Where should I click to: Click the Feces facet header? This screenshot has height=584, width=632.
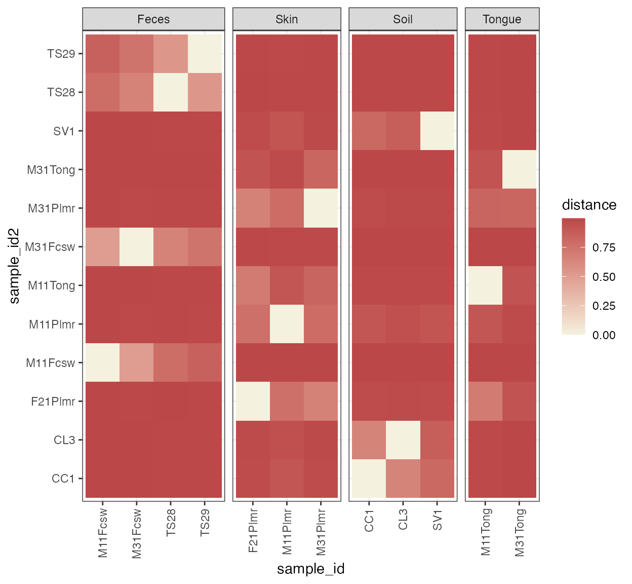[153, 19]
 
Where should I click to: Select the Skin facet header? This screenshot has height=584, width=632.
[287, 19]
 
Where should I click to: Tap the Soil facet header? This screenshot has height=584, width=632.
[403, 19]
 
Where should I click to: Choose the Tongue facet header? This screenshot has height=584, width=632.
[502, 19]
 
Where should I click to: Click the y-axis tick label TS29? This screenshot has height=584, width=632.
[61, 54]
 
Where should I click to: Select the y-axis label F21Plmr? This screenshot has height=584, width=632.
[53, 401]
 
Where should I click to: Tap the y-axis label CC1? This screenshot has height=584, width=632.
[63, 479]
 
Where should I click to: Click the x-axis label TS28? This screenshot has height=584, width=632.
[171, 523]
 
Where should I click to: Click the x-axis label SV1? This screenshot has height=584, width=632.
[438, 520]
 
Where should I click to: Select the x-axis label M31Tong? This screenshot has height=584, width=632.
[520, 532]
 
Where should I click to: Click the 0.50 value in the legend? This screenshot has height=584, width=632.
[604, 277]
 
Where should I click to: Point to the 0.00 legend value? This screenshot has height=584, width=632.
[604, 335]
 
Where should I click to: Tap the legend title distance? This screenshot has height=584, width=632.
[589, 205]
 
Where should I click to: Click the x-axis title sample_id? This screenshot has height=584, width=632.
[310, 569]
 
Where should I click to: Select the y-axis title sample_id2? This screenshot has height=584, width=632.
[15, 266]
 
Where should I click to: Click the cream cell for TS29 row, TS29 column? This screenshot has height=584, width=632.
[205, 54]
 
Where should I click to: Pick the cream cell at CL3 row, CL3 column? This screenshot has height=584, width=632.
[403, 440]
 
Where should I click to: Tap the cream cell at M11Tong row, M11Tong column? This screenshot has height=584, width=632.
[485, 285]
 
